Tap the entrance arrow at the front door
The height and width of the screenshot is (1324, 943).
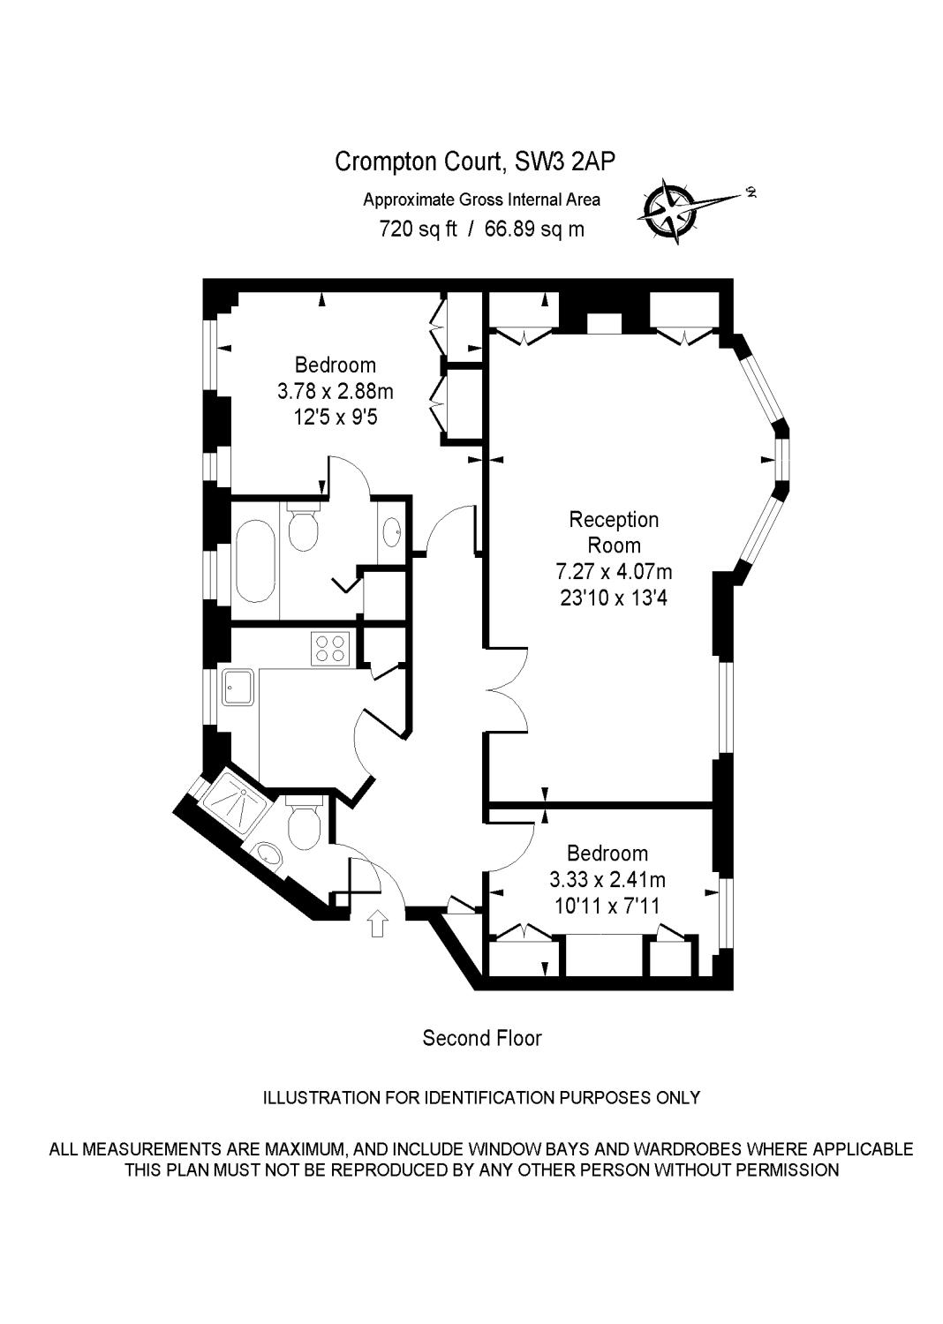click(378, 923)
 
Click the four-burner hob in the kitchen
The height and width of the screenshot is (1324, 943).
click(330, 649)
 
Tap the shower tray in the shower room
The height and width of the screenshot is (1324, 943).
click(233, 799)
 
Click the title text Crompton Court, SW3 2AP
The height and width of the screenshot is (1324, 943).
click(475, 162)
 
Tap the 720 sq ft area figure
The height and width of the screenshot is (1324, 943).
click(418, 229)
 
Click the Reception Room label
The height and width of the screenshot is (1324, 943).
click(614, 531)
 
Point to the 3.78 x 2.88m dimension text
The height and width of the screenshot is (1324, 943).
click(335, 390)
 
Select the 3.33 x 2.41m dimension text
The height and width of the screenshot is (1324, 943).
click(607, 879)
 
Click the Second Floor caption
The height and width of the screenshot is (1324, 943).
click(481, 1038)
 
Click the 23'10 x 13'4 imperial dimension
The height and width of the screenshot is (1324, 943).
click(613, 598)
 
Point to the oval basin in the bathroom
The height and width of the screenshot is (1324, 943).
click(391, 530)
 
